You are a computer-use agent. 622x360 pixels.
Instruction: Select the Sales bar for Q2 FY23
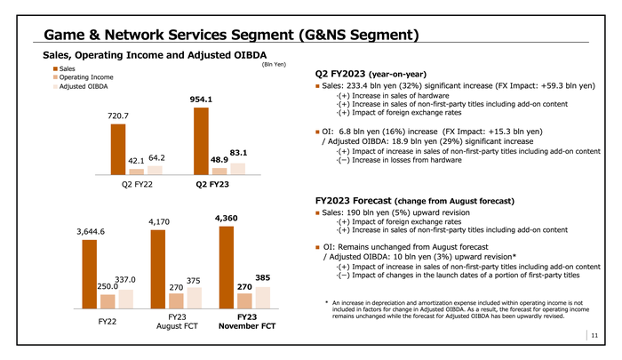203,141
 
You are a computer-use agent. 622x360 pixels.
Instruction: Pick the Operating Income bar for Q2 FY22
136,172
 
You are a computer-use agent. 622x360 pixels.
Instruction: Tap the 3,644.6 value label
91,233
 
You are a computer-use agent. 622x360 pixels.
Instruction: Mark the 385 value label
263,277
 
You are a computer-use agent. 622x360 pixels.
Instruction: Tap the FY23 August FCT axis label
176,321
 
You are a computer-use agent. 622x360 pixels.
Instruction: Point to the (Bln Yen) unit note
275,64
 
